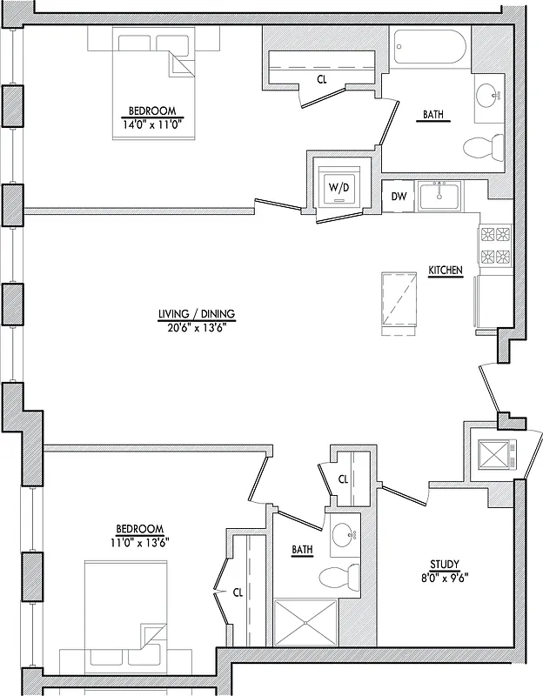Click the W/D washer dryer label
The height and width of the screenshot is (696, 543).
coord(338,188)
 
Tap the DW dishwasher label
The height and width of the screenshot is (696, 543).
coord(399,197)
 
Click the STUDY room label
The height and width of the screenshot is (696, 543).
coord(445,564)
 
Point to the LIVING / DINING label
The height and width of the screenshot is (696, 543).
coord(197,314)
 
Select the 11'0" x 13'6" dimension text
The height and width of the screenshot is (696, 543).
coord(140,542)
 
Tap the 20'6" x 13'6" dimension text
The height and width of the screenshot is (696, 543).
coord(197,328)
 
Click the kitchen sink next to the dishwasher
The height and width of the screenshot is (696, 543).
coord(440,197)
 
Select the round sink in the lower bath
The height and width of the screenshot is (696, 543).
coord(345,536)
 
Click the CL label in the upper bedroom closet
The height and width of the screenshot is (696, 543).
coord(321,79)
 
